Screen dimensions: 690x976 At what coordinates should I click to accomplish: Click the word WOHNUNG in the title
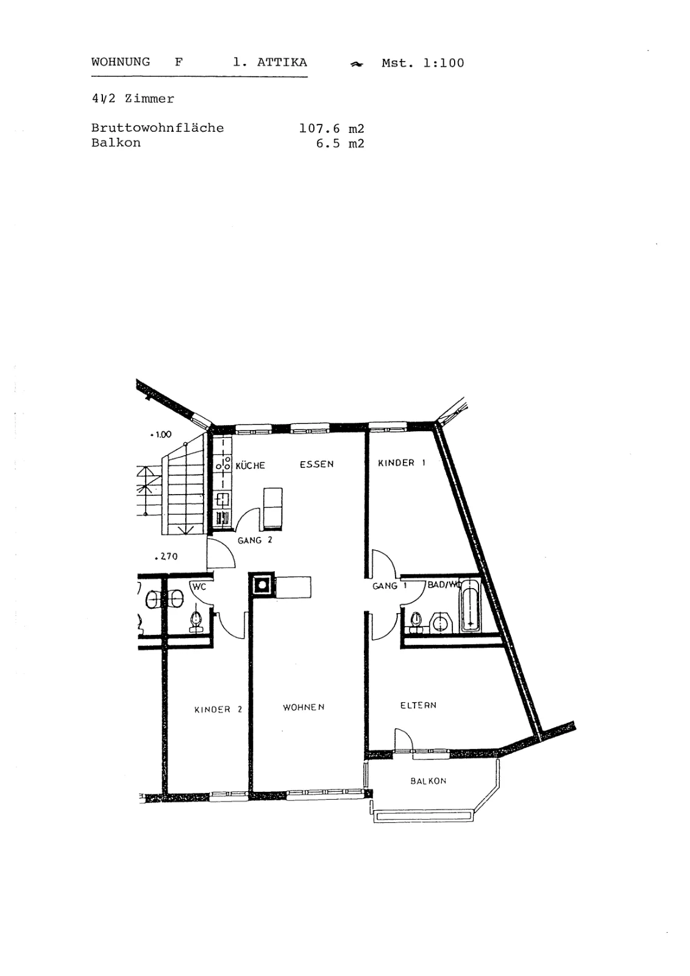pyautogui.click(x=120, y=62)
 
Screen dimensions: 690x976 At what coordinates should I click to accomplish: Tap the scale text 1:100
pyautogui.click(x=444, y=63)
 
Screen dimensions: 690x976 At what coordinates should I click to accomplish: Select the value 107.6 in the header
pyautogui.click(x=319, y=129)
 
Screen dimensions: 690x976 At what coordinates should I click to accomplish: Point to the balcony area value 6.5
pyautogui.click(x=328, y=143)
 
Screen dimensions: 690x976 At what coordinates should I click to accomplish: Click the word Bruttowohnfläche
pyautogui.click(x=157, y=128)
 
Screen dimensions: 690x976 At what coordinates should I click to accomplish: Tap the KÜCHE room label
pyautogui.click(x=251, y=465)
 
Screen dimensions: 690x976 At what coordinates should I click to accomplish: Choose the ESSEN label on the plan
pyautogui.click(x=316, y=464)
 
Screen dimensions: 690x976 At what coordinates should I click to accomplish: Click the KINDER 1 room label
pyautogui.click(x=401, y=463)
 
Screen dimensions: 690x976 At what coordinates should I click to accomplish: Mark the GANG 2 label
pyautogui.click(x=255, y=540)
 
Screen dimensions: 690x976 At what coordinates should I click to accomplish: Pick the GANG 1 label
pyautogui.click(x=389, y=586)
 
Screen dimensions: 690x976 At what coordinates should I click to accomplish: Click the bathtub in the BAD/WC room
pyautogui.click(x=469, y=605)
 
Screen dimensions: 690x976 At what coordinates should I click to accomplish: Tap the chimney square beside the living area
pyautogui.click(x=261, y=585)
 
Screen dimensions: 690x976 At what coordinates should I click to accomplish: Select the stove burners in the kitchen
pyautogui.click(x=222, y=463)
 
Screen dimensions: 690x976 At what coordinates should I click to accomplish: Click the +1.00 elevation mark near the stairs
pyautogui.click(x=161, y=434)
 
